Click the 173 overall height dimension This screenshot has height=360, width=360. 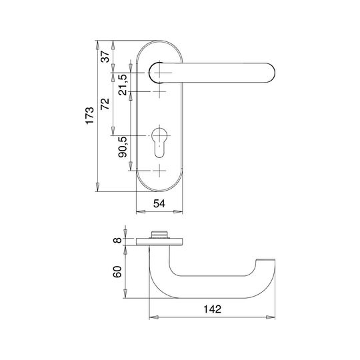click(90, 115)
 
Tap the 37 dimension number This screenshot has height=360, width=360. click(105, 57)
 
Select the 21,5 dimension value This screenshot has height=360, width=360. click(123, 85)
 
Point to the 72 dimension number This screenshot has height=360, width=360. click(105, 104)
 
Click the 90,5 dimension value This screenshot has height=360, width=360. click(123, 147)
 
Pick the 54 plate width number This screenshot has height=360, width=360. click(159, 203)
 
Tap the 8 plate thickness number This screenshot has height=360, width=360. click(117, 241)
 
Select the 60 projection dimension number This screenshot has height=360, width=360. click(117, 272)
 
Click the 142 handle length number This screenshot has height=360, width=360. click(213, 309)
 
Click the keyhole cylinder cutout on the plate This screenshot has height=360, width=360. click(159, 143)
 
